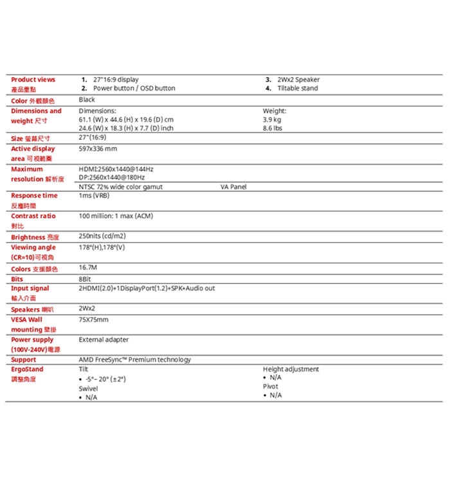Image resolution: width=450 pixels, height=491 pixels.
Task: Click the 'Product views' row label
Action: (33, 80)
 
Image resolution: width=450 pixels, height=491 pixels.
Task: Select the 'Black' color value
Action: (87, 100)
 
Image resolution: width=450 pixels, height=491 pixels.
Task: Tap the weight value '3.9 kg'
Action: (272, 120)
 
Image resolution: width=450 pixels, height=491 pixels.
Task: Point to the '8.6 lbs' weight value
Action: (273, 128)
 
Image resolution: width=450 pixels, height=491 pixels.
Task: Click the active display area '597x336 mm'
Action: (97, 149)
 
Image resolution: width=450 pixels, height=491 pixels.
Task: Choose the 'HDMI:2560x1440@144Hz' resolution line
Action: (116, 169)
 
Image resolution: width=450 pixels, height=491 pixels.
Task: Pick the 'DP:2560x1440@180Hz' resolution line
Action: (112, 177)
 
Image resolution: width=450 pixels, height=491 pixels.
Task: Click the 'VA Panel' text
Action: (233, 187)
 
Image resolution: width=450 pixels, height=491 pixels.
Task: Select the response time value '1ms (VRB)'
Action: (94, 195)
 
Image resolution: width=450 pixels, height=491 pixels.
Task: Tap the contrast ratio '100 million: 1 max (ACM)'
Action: (116, 216)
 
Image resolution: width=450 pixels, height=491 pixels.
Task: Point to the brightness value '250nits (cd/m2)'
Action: (102, 237)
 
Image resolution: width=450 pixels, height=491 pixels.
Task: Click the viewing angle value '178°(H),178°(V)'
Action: (102, 247)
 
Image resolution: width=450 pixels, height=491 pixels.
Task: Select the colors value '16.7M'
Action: (88, 267)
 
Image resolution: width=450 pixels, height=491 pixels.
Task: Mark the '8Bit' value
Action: (85, 279)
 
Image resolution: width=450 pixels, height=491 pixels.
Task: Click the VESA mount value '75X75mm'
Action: (93, 319)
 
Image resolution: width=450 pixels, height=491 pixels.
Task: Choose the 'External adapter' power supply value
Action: (104, 340)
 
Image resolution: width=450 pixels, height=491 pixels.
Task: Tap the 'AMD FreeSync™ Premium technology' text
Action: (134, 359)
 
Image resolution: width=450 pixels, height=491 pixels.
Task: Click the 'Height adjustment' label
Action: (291, 369)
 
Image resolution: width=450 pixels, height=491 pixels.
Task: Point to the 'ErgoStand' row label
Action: (27, 369)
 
